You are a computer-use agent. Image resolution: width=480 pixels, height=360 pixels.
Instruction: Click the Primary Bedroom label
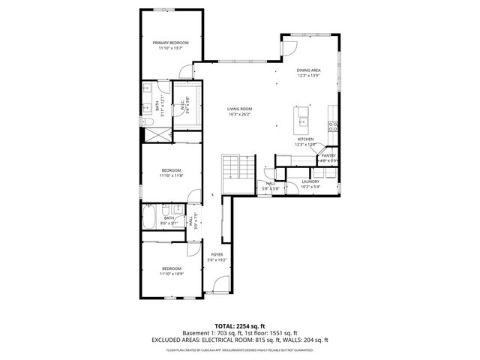[x=170, y=43]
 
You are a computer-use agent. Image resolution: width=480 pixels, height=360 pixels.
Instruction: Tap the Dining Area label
[x=308, y=70]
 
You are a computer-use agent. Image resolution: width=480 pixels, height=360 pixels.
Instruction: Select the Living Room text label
[x=239, y=109]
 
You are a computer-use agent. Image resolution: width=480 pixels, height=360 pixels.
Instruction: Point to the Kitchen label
[x=304, y=139]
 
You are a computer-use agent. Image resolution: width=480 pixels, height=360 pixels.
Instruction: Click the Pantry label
[x=328, y=155]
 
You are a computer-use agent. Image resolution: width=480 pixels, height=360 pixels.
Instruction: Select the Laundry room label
[x=310, y=181]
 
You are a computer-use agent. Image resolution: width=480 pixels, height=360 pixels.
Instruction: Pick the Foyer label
[x=216, y=255]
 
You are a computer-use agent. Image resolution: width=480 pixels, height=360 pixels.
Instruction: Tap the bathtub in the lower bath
[x=150, y=217]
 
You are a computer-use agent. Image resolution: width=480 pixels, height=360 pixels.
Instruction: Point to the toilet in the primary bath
[x=147, y=121]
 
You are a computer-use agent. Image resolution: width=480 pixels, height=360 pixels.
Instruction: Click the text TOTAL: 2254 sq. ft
[x=239, y=325]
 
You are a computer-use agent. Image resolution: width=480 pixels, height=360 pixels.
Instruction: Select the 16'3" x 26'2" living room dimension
[x=239, y=114]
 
